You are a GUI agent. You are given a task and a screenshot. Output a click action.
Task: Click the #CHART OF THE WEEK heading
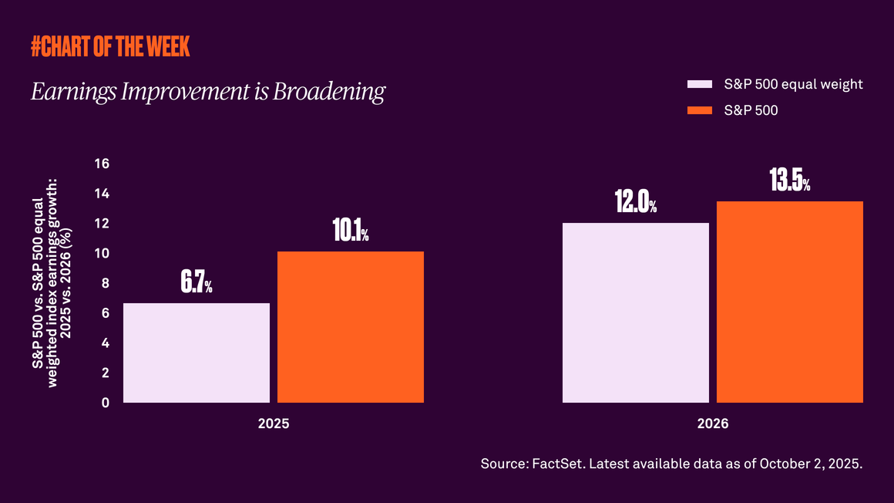[110, 47]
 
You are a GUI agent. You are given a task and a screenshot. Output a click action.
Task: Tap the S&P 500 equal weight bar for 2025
[197, 353]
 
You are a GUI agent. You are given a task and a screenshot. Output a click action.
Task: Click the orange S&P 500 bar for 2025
[351, 327]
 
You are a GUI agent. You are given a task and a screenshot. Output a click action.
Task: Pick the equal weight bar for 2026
[636, 312]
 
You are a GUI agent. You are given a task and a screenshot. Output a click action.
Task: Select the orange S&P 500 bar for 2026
[790, 302]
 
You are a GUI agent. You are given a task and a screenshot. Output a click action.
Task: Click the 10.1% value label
[351, 232]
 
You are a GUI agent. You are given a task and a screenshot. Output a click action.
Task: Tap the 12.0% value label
[636, 203]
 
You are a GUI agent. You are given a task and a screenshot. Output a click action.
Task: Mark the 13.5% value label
[790, 181]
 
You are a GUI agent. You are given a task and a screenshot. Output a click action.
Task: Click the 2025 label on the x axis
[274, 424]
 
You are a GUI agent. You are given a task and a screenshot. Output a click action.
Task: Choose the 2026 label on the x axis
[713, 424]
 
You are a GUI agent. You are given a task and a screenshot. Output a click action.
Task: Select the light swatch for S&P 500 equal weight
[699, 84]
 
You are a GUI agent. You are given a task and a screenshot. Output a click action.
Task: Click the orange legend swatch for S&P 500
[699, 110]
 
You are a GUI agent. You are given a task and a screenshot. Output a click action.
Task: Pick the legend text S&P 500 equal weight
[793, 84]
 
